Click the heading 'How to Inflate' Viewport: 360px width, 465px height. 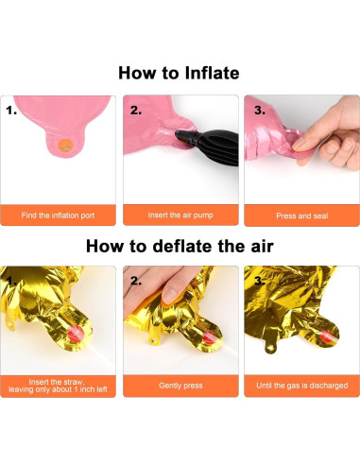[x=179, y=73]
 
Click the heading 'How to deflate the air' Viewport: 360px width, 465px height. [x=180, y=246]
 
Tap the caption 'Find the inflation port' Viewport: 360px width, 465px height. [x=58, y=215]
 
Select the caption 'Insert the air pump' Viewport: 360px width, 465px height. [x=180, y=215]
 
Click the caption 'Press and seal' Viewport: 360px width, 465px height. [x=302, y=215]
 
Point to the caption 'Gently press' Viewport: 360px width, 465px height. [x=180, y=386]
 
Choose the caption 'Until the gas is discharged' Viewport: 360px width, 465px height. [x=302, y=386]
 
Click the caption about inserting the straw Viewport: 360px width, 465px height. [x=58, y=386]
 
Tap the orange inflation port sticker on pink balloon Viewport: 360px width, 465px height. [x=65, y=146]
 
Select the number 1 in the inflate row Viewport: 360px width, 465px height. [x=11, y=111]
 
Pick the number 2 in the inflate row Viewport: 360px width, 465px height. [x=136, y=111]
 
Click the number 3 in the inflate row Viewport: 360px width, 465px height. [x=260, y=111]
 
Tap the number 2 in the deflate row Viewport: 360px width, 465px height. [x=136, y=281]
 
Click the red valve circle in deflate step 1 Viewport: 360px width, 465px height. [x=76, y=333]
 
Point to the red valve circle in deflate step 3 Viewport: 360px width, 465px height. [x=328, y=336]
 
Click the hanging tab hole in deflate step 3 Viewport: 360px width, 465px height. [x=270, y=348]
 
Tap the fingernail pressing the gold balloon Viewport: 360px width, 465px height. [x=170, y=295]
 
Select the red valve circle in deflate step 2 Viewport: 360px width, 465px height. [x=209, y=336]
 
